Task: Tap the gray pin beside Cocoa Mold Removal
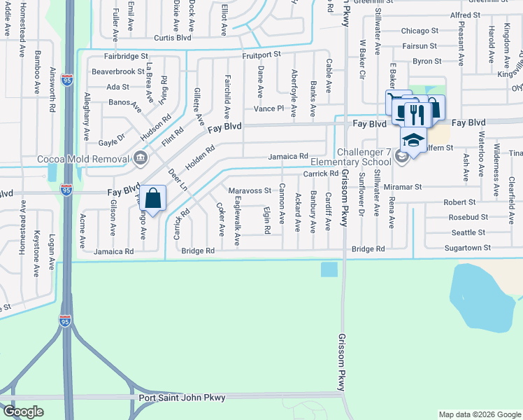(x=140, y=157)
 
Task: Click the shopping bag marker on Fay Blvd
(x=152, y=197)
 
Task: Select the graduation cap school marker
(x=413, y=141)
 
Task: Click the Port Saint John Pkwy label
(x=182, y=398)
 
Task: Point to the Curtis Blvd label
(x=173, y=38)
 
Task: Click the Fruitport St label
(x=261, y=54)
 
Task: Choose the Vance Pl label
(x=268, y=108)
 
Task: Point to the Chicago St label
(x=420, y=31)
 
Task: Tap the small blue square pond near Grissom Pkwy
(x=329, y=269)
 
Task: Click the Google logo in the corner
(x=23, y=412)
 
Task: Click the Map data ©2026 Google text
(x=479, y=415)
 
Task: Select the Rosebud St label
(x=468, y=217)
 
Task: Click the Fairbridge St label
(x=127, y=55)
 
